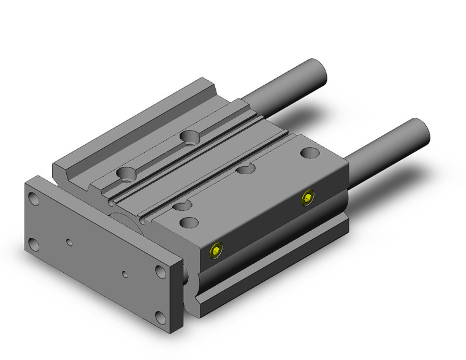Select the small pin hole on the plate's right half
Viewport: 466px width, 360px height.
(124, 274)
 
